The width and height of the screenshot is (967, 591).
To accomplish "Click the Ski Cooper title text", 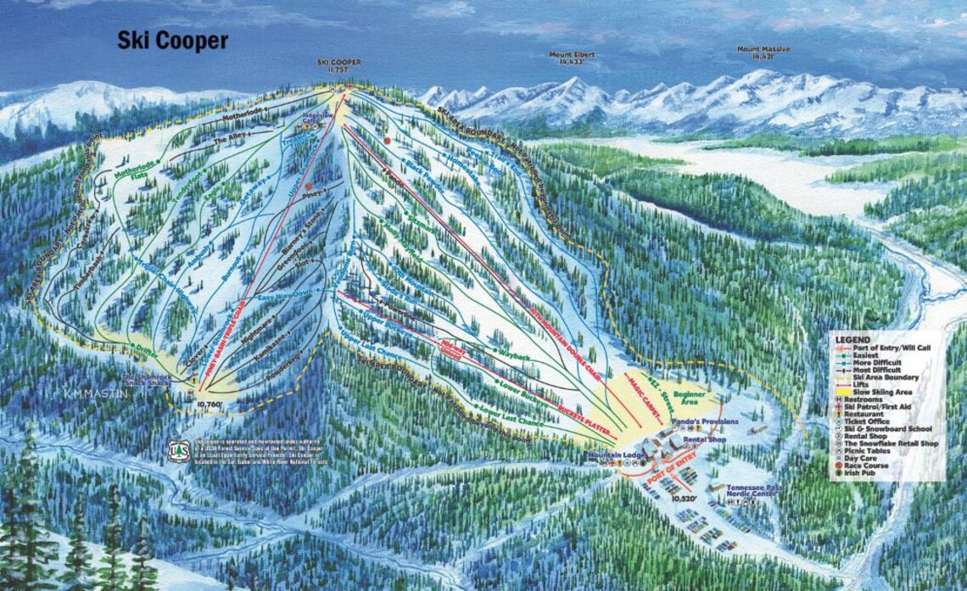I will coord(172,41).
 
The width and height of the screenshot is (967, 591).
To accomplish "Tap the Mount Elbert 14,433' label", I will coord(572,58).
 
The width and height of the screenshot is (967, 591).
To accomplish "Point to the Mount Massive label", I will coord(763,54).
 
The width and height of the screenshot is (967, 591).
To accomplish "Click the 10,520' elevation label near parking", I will coord(684,499).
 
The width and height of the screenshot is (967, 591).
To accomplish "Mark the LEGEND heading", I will coord(852,339).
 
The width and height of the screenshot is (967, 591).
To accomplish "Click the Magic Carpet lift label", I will coord(644,393).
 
